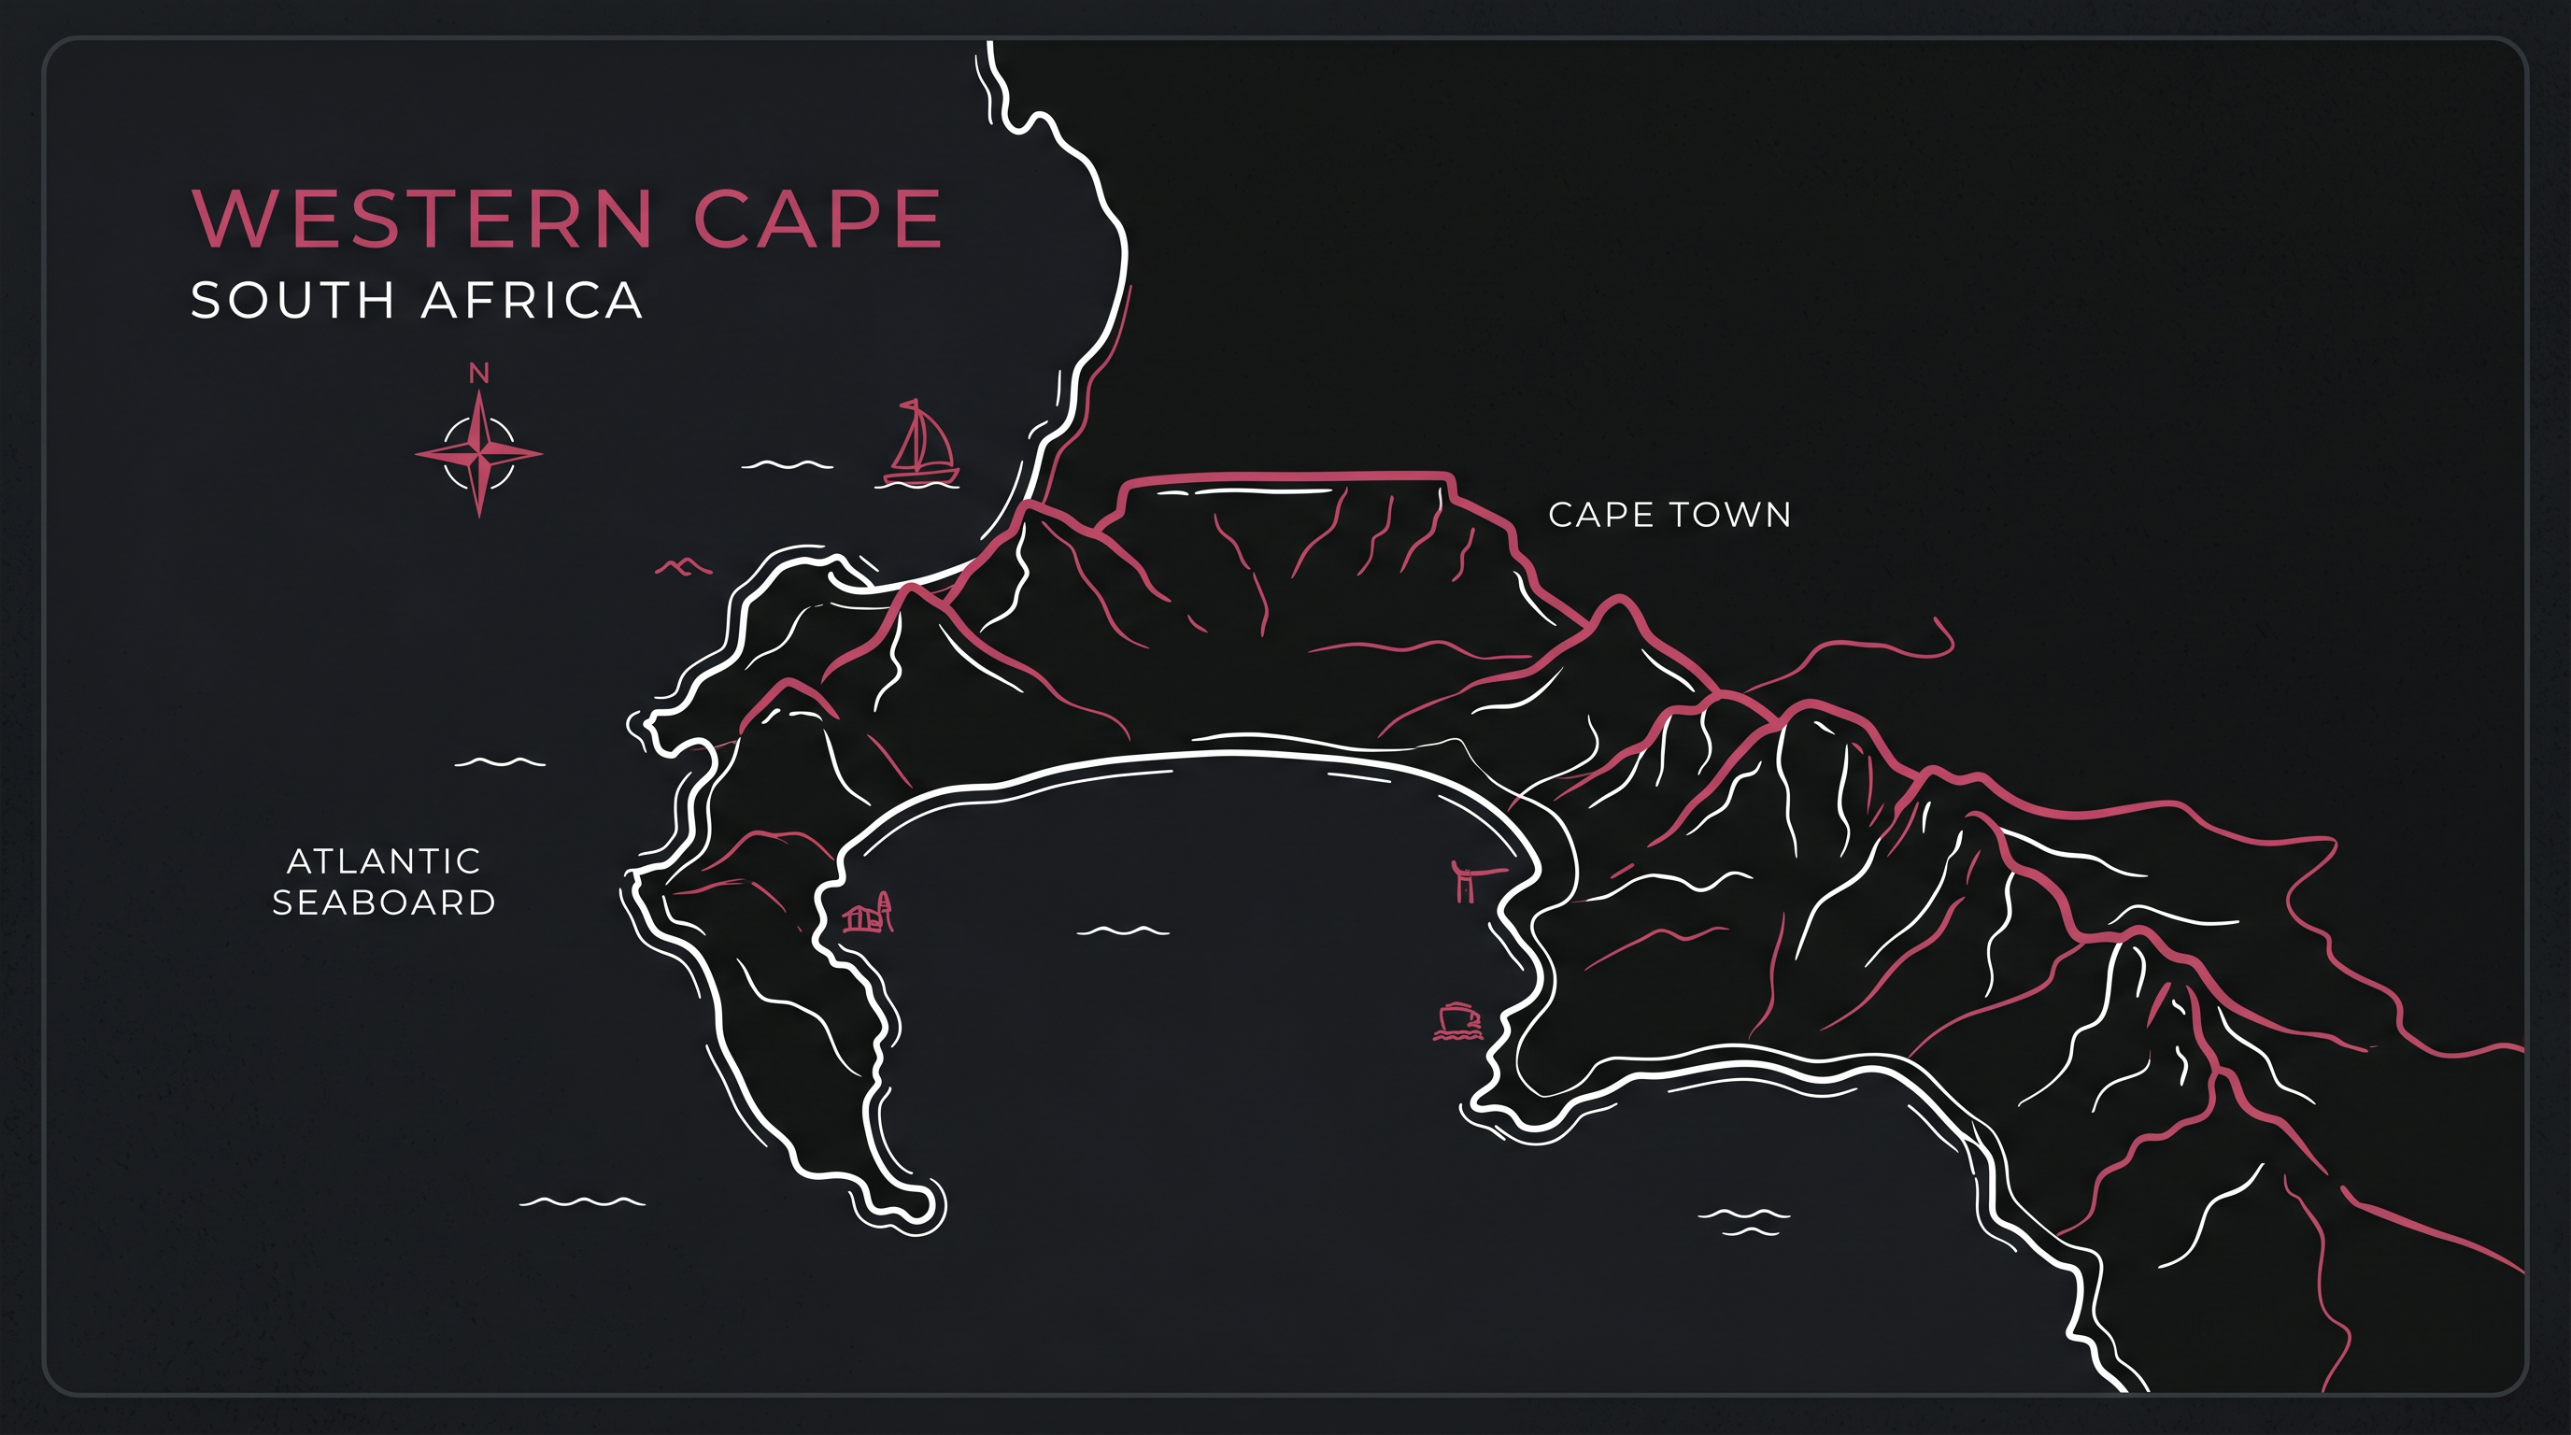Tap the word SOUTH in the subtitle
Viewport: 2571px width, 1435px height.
[292, 301]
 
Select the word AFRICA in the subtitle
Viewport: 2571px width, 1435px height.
[532, 301]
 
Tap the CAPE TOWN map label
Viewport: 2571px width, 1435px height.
[1669, 515]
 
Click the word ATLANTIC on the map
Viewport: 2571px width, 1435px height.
[384, 860]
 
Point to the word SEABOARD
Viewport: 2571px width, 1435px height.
[384, 902]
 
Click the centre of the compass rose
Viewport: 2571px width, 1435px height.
[479, 454]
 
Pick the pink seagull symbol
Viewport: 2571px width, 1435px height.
[683, 567]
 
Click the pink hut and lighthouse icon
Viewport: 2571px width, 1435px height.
[868, 913]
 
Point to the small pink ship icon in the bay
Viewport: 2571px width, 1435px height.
[1458, 1021]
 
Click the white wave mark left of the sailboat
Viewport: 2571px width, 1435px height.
[787, 464]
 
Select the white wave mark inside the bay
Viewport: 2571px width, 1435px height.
[1123, 931]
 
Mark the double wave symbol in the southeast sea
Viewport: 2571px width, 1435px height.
[1743, 1221]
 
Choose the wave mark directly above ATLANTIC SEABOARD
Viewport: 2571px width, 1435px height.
[499, 762]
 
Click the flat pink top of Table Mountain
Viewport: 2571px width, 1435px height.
[1287, 476]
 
